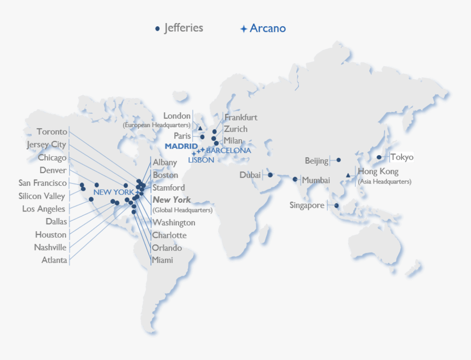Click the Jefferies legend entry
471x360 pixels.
pyautogui.click(x=179, y=28)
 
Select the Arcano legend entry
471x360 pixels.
pyautogui.click(x=263, y=28)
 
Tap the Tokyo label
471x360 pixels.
pyautogui.click(x=402, y=157)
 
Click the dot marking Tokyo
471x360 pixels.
pyautogui.click(x=379, y=157)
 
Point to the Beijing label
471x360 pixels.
pyautogui.click(x=317, y=161)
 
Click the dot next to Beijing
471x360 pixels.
pyautogui.click(x=338, y=160)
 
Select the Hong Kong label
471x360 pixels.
pyautogui.click(x=378, y=172)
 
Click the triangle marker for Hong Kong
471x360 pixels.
pyautogui.click(x=348, y=175)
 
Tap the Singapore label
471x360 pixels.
pyautogui.click(x=307, y=205)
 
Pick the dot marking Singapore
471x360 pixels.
pyautogui.click(x=336, y=206)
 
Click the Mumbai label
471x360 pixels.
pyautogui.click(x=316, y=180)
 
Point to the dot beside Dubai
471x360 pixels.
pyautogui.click(x=270, y=175)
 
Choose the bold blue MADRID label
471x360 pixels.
pyautogui.click(x=181, y=146)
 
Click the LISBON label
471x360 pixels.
pyautogui.click(x=201, y=160)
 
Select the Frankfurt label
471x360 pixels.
pyautogui.click(x=240, y=117)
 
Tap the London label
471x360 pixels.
pyautogui.click(x=177, y=116)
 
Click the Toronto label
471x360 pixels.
pyautogui.click(x=52, y=132)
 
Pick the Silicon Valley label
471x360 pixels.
pyautogui.click(x=42, y=196)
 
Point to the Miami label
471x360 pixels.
pyautogui.click(x=163, y=260)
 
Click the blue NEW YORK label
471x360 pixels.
pyautogui.click(x=113, y=192)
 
